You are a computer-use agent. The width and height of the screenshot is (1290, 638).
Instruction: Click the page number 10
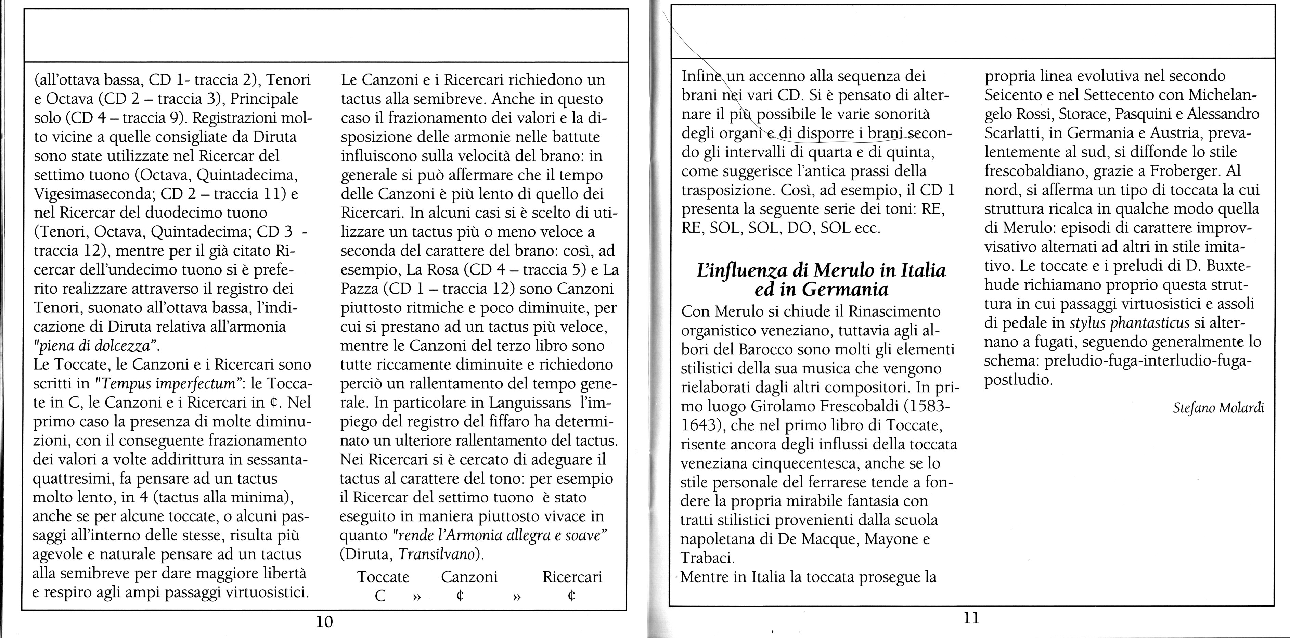tap(324, 622)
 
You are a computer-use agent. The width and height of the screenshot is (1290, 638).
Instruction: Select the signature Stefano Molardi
tap(1218, 408)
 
